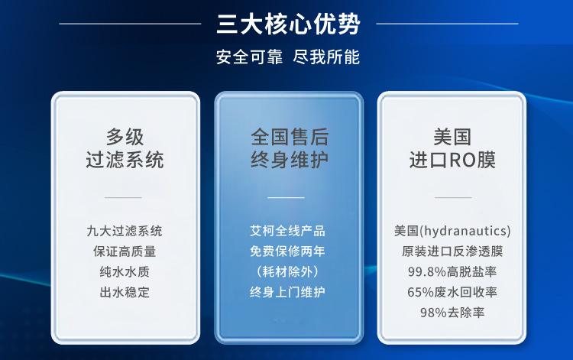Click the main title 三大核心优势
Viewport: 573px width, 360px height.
pos(288,23)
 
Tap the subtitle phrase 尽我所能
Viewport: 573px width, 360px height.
pos(328,57)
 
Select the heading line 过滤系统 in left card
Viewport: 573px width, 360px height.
pos(125,160)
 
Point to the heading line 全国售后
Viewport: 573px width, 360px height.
pos(290,138)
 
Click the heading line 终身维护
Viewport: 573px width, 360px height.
pos(290,160)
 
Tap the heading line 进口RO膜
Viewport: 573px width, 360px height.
pos(452,160)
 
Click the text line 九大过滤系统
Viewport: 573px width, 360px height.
pos(125,230)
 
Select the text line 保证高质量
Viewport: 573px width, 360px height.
pos(125,251)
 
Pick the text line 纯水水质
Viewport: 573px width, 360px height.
pos(125,271)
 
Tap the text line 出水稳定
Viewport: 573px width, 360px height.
pos(125,292)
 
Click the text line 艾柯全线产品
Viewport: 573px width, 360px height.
pos(288,230)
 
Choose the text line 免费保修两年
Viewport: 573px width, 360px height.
pos(288,251)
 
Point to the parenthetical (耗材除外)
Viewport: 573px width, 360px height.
pos(288,271)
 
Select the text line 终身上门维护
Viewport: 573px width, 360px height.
pos(288,292)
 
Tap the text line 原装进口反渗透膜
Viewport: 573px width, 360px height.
pos(452,251)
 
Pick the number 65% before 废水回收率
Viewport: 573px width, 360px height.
pos(421,292)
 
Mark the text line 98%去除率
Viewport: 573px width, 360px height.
pos(452,313)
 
